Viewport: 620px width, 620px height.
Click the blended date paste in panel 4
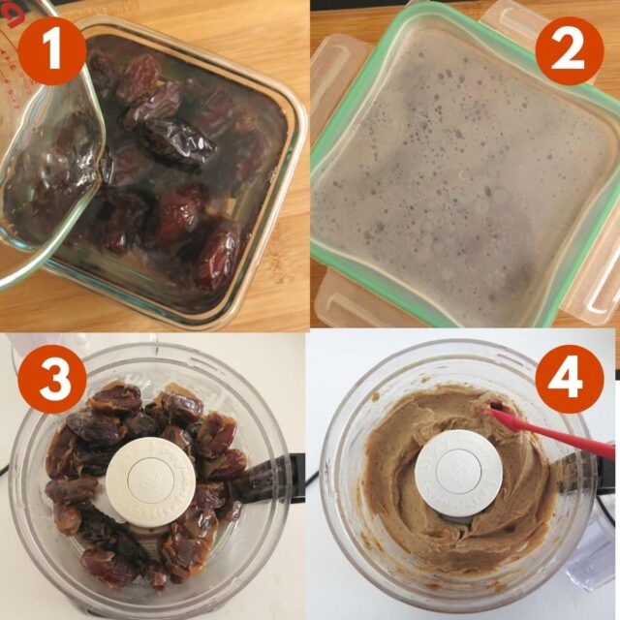407,504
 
